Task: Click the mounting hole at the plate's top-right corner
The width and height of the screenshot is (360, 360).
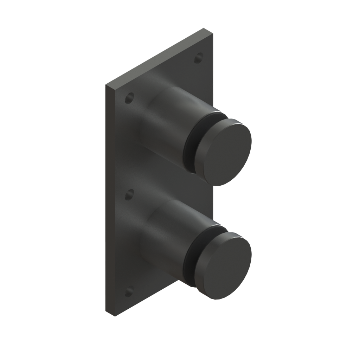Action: tap(199, 58)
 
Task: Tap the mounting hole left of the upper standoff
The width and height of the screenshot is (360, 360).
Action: tap(129, 98)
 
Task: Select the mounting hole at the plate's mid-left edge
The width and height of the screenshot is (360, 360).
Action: tap(129, 194)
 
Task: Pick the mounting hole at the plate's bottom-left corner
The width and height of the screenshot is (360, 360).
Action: tap(129, 291)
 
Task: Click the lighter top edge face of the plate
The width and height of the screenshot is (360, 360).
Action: tap(158, 58)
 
